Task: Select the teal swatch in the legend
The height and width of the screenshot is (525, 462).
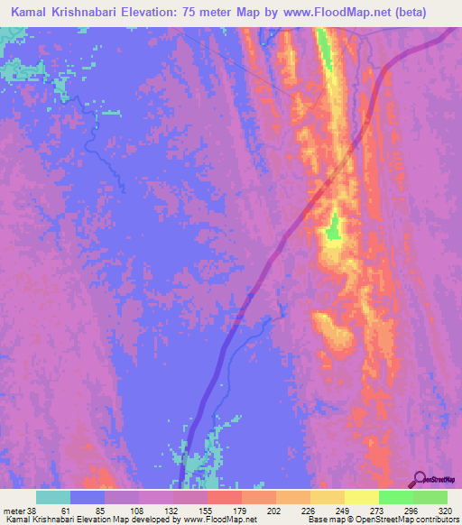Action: pyautogui.click(x=53, y=496)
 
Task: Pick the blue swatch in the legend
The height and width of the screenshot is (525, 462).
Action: pyautogui.click(x=88, y=496)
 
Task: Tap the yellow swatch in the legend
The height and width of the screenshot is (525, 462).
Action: pyautogui.click(x=362, y=496)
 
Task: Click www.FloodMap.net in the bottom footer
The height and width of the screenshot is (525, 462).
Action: pyautogui.click(x=225, y=519)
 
